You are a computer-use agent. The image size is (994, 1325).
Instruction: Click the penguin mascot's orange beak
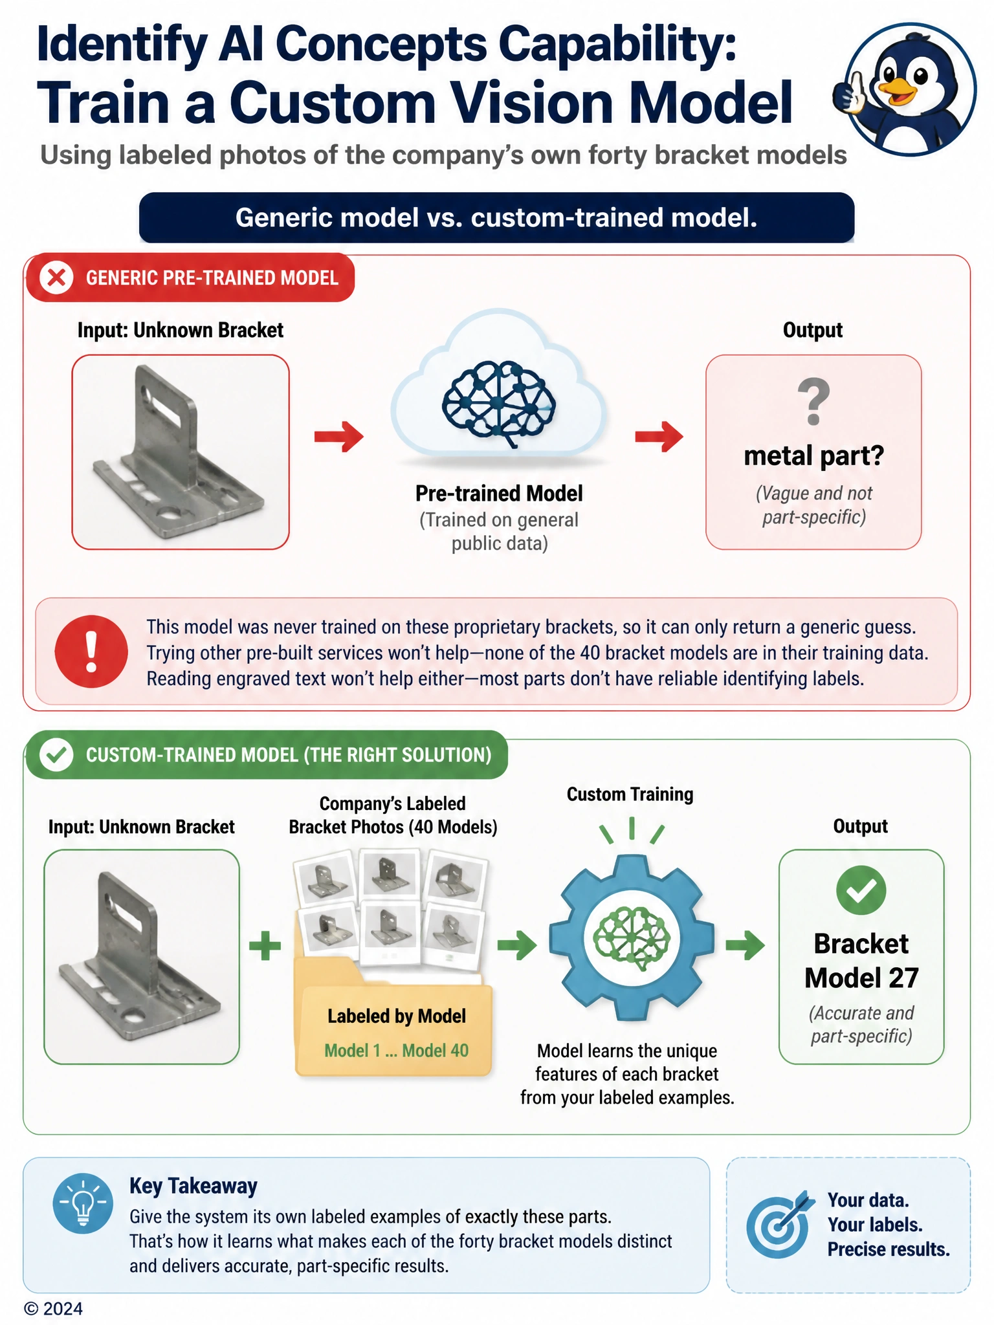pyautogui.click(x=897, y=93)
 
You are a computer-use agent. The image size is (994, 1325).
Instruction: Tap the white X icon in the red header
pyautogui.click(x=57, y=278)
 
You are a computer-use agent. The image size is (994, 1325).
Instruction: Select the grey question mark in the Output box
pyautogui.click(x=813, y=402)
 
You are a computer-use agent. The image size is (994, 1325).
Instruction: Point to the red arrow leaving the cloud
pyautogui.click(x=659, y=436)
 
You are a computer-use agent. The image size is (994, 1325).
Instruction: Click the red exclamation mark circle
pyautogui.click(x=91, y=651)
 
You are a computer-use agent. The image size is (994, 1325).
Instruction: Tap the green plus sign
pyautogui.click(x=265, y=946)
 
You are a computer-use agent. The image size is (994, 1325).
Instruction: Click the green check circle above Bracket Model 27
pyautogui.click(x=861, y=890)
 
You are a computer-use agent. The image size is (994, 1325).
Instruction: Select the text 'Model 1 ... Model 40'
pyautogui.click(x=396, y=1050)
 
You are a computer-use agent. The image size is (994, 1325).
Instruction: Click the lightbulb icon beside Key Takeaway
pyautogui.click(x=83, y=1203)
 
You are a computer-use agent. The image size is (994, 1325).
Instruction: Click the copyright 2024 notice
pyautogui.click(x=54, y=1309)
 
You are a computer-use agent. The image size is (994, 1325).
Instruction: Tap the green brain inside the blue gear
pyautogui.click(x=632, y=937)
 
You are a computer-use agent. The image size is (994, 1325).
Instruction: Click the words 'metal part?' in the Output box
pyautogui.click(x=814, y=455)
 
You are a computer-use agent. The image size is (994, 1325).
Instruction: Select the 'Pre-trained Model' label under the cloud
pyautogui.click(x=499, y=494)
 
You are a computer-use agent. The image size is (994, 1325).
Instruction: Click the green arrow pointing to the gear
pyautogui.click(x=517, y=945)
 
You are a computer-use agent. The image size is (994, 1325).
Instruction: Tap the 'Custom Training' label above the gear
pyautogui.click(x=630, y=794)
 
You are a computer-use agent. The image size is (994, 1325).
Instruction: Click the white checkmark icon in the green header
pyautogui.click(x=57, y=755)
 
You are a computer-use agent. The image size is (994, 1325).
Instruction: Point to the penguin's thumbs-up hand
pyautogui.click(x=848, y=93)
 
